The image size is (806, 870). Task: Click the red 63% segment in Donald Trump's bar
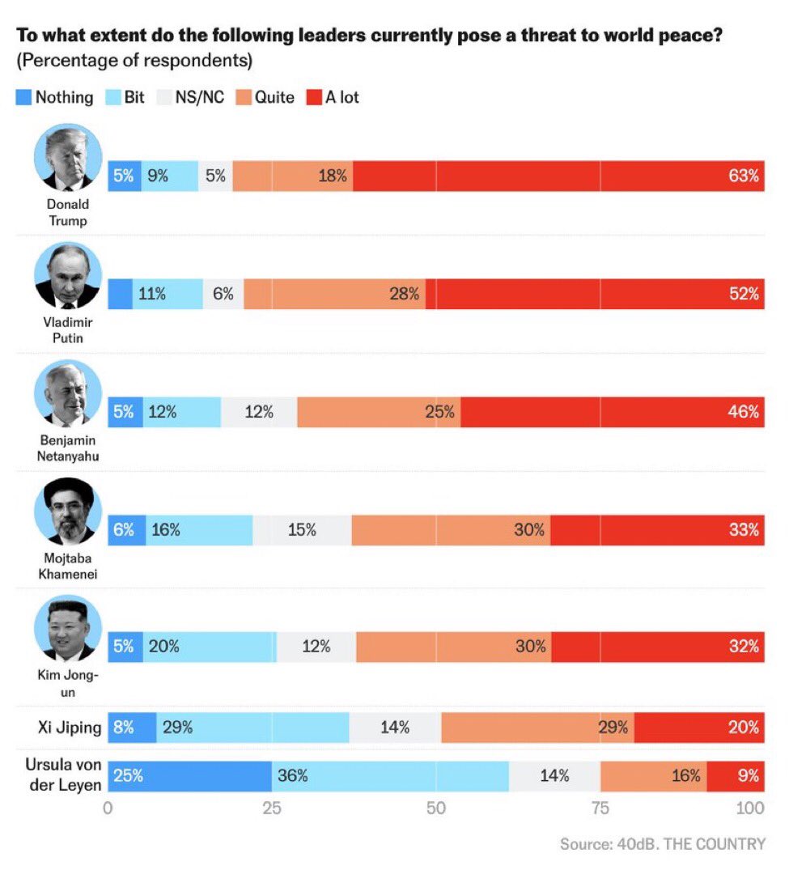pyautogui.click(x=558, y=176)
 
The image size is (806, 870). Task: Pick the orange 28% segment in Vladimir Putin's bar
pyautogui.click(x=334, y=294)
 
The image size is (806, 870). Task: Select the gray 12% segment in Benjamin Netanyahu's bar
pyautogui.click(x=259, y=412)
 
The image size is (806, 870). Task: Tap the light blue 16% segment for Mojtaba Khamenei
pyautogui.click(x=199, y=530)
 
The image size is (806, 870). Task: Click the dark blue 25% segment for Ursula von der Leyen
pyautogui.click(x=189, y=775)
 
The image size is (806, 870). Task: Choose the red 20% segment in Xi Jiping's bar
pyautogui.click(x=699, y=727)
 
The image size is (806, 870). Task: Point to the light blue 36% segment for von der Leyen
pyautogui.click(x=390, y=775)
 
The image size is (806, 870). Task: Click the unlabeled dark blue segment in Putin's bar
pyautogui.click(x=120, y=294)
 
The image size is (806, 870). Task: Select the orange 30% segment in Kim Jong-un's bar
pyautogui.click(x=453, y=647)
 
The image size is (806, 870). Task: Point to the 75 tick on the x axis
pyautogui.click(x=600, y=808)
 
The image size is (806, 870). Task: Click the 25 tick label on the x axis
pyautogui.click(x=272, y=808)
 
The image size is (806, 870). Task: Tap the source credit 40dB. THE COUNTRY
pyautogui.click(x=662, y=844)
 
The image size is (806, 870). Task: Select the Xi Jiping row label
pyautogui.click(x=70, y=727)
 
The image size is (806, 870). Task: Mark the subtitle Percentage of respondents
pyautogui.click(x=134, y=61)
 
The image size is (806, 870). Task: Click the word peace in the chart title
pyautogui.click(x=677, y=36)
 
